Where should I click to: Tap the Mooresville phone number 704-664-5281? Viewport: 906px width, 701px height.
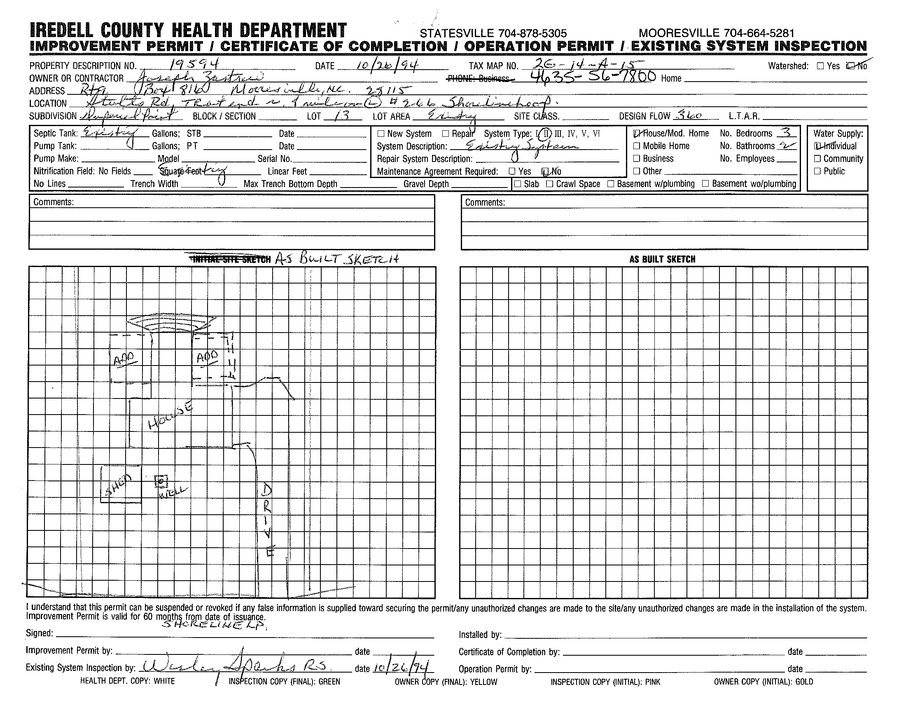coord(759,33)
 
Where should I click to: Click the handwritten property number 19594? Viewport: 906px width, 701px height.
coord(194,63)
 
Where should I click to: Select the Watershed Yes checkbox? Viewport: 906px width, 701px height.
coord(820,66)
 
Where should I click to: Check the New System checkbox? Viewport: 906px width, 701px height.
coord(381,134)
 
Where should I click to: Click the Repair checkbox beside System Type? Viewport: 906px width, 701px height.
coord(446,134)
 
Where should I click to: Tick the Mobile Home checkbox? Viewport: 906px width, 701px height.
coord(637,146)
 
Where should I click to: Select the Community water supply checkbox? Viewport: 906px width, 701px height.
coord(817,159)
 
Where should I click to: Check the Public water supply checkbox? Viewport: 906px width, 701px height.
coord(817,171)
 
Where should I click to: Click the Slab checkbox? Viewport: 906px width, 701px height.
coord(518,184)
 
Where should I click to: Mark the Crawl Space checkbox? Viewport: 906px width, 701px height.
coord(550,184)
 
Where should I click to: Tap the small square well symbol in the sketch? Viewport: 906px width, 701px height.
coord(161,481)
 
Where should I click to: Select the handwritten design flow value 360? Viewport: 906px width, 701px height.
coord(688,115)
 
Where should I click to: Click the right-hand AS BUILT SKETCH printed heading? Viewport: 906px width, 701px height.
coord(662,259)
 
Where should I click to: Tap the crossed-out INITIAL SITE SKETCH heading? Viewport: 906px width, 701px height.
coord(230,259)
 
